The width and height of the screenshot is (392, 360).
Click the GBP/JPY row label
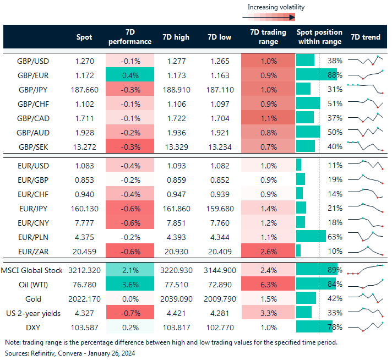pos(32,89)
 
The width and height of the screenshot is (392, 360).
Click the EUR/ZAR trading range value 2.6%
pos(268,250)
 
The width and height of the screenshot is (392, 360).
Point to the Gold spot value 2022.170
pos(84,298)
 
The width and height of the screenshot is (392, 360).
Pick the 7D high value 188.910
pos(176,89)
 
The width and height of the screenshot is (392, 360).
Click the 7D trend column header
pos(365,37)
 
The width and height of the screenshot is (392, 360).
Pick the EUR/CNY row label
pos(32,222)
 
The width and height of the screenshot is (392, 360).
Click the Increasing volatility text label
pos(275,7)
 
